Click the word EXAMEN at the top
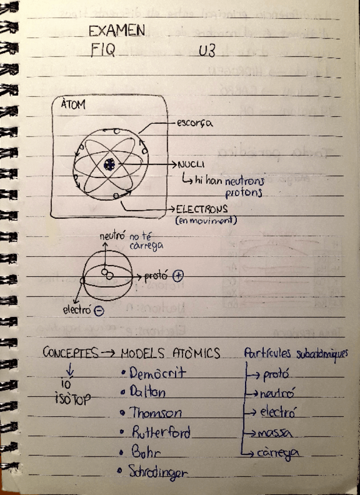click(117, 31)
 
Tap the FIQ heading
click(102, 51)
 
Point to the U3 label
click(207, 52)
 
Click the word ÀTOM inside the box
click(73, 105)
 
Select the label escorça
click(194, 123)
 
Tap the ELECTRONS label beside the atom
click(202, 208)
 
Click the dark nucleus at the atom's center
click(109, 166)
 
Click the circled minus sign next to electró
click(99, 311)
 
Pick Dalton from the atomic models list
click(148, 393)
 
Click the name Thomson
click(155, 413)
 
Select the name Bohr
click(146, 452)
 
